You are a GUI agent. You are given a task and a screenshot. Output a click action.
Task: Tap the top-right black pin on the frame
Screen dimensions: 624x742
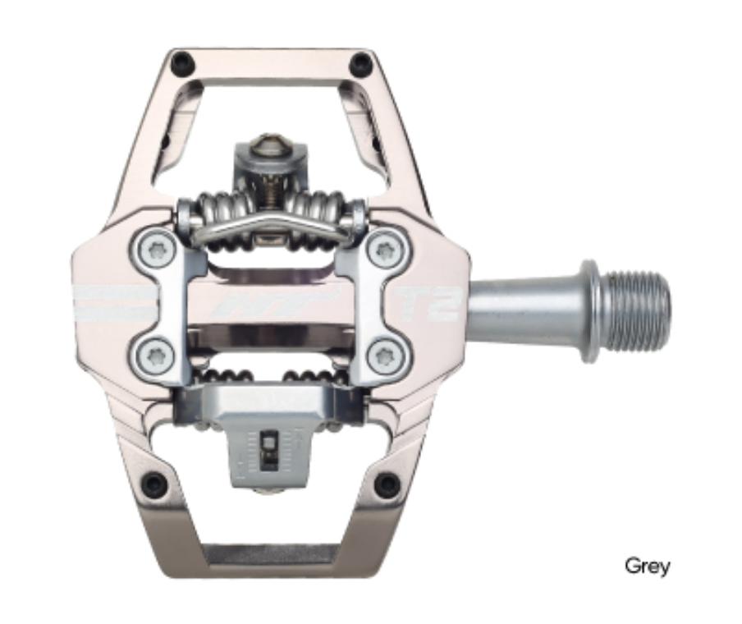click(x=359, y=63)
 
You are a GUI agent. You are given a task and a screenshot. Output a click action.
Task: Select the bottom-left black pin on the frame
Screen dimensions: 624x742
click(x=154, y=484)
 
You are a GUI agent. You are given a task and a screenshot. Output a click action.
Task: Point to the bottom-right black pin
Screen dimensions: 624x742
click(x=387, y=484)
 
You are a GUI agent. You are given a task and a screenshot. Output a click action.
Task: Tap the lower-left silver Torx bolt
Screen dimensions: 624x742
click(x=153, y=355)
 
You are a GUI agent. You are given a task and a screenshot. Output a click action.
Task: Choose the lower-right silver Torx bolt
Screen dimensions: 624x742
click(x=385, y=356)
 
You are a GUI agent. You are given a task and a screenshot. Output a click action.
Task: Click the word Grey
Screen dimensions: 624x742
click(x=647, y=566)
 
